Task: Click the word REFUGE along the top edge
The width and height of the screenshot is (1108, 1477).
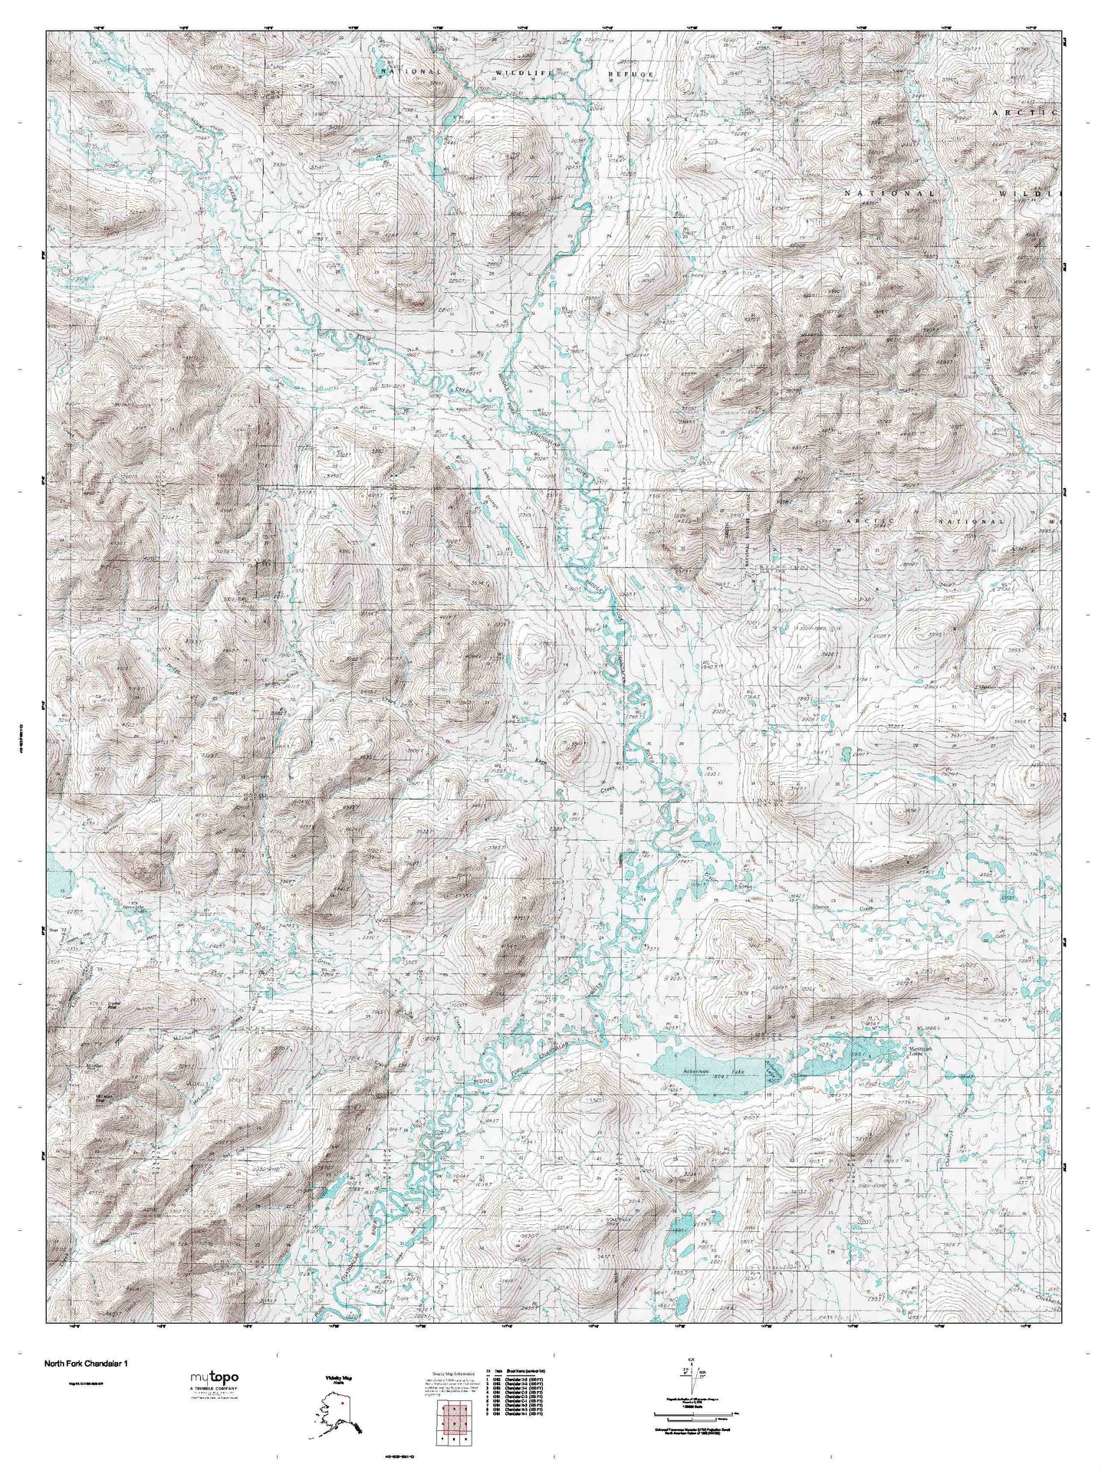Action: (631, 74)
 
